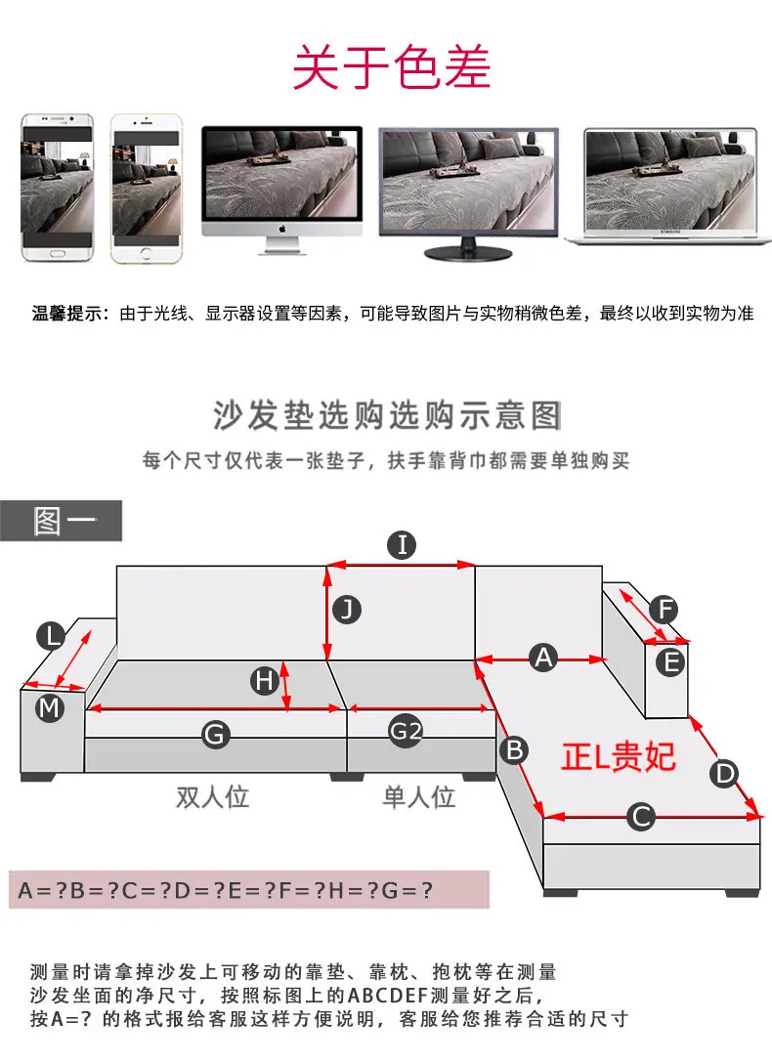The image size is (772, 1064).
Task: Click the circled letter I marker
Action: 402,545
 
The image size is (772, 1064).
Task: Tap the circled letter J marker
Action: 347,610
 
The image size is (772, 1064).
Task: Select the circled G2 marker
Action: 406,731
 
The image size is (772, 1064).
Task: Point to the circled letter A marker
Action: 544,658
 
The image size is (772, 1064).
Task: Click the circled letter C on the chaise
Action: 641,817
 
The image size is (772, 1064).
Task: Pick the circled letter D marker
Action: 725,773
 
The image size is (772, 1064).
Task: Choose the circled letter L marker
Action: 51,636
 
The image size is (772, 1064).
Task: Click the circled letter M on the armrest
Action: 50,708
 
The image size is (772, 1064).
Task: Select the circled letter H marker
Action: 265,680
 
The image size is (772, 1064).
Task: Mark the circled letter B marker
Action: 515,749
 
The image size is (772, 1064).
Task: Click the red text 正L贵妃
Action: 618,756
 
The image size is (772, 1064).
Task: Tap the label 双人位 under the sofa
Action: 212,796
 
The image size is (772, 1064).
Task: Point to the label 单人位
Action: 419,796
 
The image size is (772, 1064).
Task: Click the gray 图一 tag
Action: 62,521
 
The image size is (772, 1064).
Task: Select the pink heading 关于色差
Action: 391,67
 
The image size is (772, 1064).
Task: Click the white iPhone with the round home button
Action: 147,188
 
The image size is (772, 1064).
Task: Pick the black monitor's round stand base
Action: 468,254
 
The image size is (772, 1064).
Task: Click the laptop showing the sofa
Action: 669,186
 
